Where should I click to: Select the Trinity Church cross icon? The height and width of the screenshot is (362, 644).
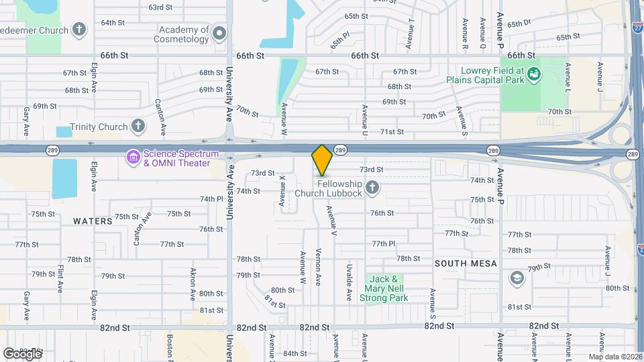tap(138, 126)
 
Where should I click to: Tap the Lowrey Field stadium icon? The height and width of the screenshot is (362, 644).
tap(534, 74)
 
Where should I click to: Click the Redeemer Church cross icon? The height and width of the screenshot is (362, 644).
tap(79, 29)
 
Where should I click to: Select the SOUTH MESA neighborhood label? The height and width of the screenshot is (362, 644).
tap(466, 263)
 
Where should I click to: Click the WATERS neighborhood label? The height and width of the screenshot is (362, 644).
tap(93, 221)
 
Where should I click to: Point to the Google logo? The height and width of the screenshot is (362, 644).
tap(22, 353)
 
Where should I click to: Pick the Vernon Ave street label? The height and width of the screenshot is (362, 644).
tap(319, 264)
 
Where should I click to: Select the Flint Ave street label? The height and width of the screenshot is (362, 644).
tap(60, 278)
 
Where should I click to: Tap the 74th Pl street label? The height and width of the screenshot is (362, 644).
tap(211, 199)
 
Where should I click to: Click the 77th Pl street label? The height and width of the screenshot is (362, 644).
tap(384, 243)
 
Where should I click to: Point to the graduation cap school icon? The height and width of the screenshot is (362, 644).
tap(517, 278)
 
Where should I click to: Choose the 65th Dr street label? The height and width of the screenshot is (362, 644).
tap(519, 23)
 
